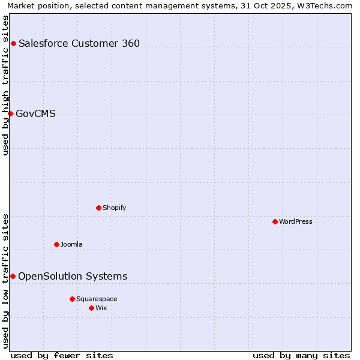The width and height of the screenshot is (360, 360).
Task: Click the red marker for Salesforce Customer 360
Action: pos(13,43)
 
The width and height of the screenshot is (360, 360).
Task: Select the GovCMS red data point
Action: pos(10,113)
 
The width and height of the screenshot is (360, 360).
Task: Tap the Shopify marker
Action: pos(98,208)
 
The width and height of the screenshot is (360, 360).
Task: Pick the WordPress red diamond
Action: pos(275,221)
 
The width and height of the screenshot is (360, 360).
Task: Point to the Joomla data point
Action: pos(56,244)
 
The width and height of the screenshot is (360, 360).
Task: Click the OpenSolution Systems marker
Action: pos(13,276)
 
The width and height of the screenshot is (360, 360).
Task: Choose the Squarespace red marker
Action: pos(72,299)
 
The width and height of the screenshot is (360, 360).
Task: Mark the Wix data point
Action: pos(91,308)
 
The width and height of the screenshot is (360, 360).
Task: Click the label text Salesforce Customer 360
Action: pos(79,43)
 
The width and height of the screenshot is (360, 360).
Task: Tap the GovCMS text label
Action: pos(36,113)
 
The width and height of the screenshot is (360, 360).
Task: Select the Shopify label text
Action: pos(114,208)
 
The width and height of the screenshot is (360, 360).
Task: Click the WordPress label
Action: pos(296,221)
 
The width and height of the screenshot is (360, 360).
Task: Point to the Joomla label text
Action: pos(71,244)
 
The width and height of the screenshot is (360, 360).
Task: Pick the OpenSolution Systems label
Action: pos(73,276)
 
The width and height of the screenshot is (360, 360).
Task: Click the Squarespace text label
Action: pos(97,299)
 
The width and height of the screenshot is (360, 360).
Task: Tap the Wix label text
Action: pos(101,308)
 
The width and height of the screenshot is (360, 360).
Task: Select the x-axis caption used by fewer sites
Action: pos(62,355)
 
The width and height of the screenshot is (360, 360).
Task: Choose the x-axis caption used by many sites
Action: pos(301,355)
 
